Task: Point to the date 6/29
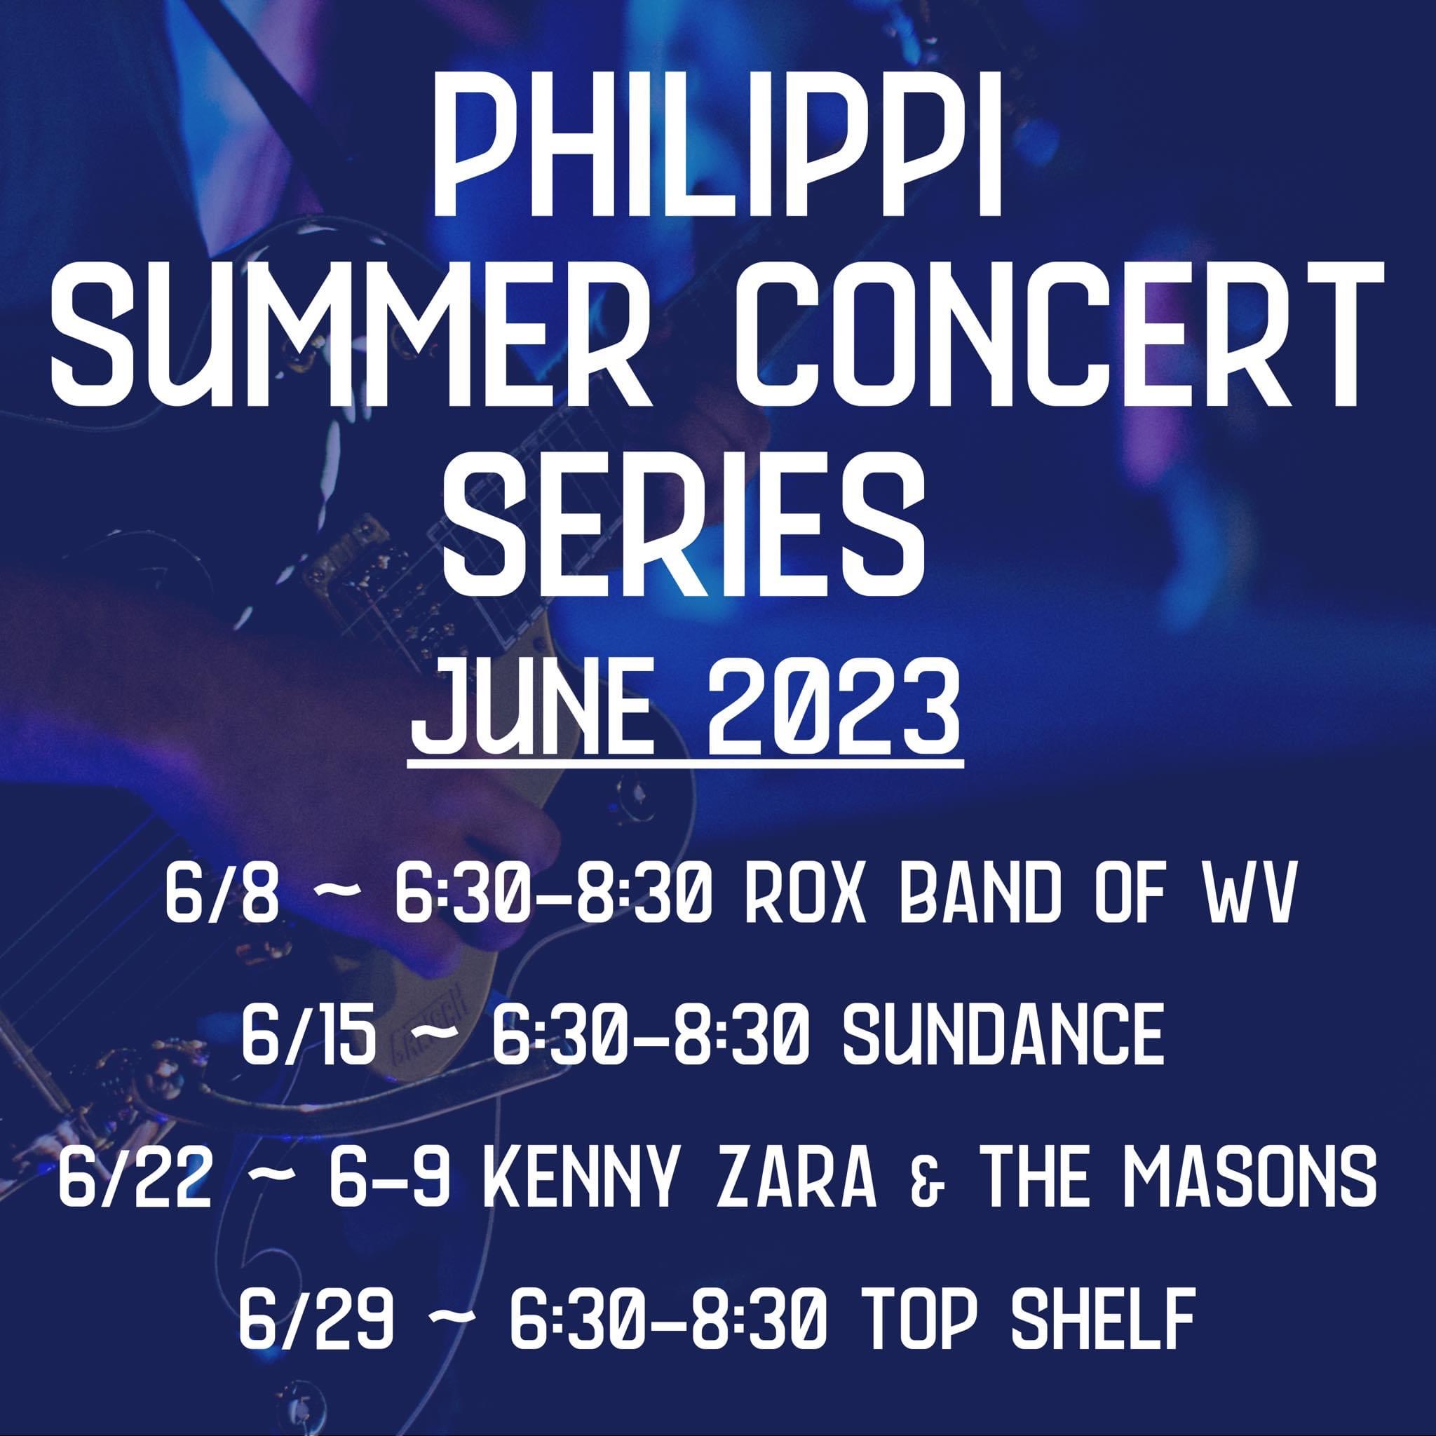[x=316, y=1282]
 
